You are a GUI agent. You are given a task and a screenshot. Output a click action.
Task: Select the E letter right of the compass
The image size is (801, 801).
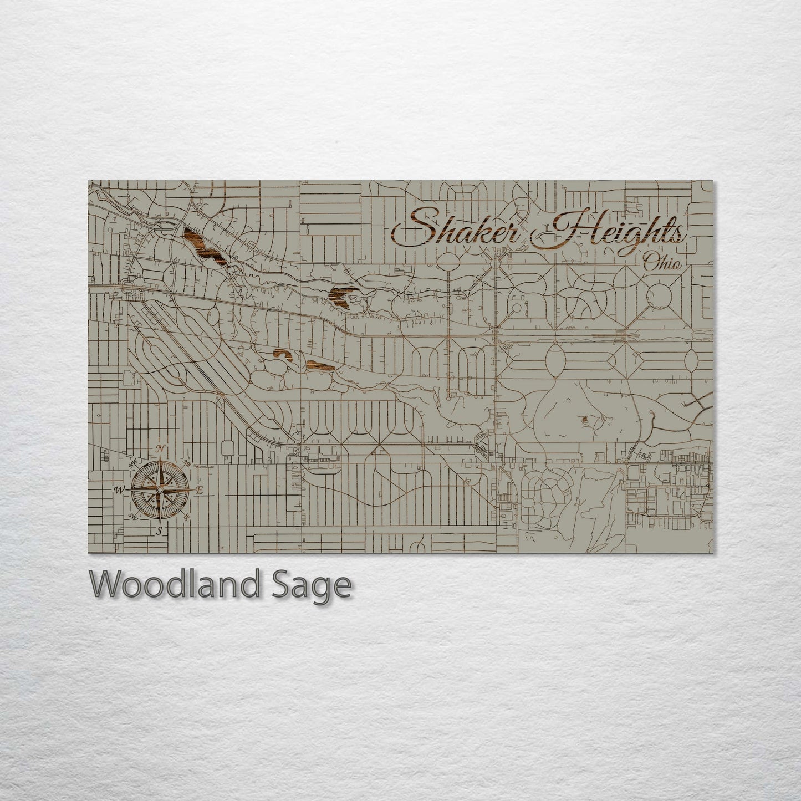point(200,490)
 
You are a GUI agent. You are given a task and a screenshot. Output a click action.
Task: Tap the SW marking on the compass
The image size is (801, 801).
point(133,516)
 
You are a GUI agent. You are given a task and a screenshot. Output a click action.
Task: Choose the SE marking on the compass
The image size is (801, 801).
point(187,516)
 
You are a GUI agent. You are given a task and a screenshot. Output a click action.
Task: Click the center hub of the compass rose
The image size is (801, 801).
point(160,490)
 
